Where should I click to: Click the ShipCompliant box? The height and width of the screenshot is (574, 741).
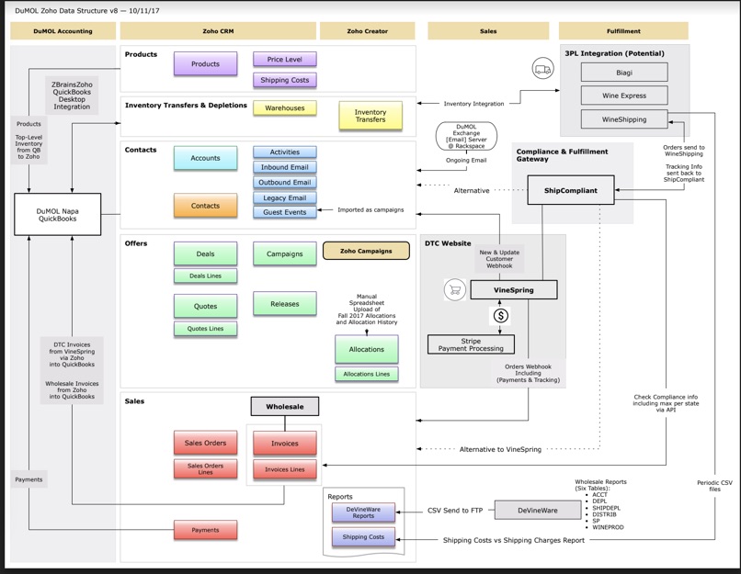571,191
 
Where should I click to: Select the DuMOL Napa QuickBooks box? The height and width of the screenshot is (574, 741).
58,215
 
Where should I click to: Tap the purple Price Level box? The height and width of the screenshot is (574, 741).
285,60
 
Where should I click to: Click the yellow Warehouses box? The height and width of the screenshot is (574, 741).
285,108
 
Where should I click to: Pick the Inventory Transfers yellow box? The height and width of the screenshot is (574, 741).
370,116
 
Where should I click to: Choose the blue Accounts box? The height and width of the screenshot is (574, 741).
205,159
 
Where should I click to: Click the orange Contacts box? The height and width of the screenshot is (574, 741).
205,206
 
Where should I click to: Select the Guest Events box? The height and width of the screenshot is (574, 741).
285,212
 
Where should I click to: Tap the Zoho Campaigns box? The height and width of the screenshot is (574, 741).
366,251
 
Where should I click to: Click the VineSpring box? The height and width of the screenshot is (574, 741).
514,290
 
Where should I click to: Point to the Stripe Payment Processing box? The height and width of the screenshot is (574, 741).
471,345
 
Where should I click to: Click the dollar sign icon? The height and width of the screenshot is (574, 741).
502,316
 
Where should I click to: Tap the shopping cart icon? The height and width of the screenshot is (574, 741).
452,290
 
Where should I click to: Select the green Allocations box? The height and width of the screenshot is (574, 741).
367,349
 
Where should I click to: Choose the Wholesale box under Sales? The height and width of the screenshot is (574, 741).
285,406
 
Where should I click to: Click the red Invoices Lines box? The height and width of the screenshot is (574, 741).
285,469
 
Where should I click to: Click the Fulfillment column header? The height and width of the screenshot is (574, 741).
623,31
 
